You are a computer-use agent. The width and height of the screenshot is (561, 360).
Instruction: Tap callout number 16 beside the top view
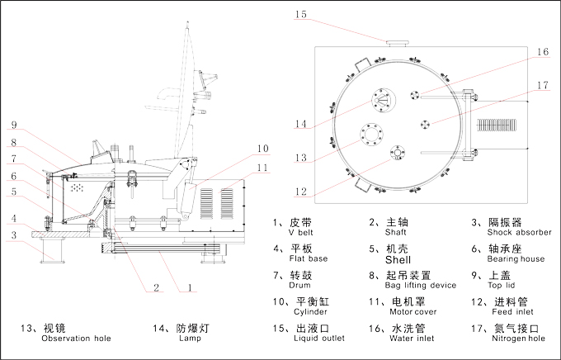tap(541, 52)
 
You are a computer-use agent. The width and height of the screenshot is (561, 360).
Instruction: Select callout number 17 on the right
tap(541, 84)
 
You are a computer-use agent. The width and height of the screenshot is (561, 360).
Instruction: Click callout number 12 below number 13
tap(301, 192)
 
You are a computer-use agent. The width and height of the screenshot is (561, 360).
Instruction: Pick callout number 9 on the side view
tap(13, 126)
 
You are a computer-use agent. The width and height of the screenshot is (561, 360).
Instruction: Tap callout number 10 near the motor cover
tap(262, 149)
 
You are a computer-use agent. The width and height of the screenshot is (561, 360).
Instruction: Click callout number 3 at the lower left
tap(13, 236)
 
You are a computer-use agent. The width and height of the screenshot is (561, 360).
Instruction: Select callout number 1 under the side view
tap(189, 288)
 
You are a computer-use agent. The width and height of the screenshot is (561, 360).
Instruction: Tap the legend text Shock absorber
tap(520, 233)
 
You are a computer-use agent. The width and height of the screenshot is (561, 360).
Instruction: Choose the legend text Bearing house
tap(512, 259)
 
